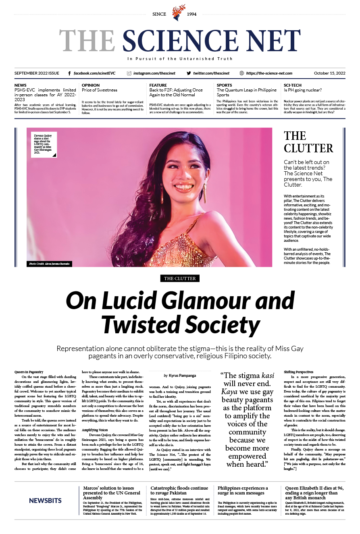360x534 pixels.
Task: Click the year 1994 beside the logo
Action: point(191,14)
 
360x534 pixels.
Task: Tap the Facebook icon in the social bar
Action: point(69,73)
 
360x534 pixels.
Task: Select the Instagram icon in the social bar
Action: point(129,73)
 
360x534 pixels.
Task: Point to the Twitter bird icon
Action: point(189,73)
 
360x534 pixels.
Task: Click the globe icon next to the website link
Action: point(241,73)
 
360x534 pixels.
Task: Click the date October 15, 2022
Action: point(329,73)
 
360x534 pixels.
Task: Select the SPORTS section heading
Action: point(224,85)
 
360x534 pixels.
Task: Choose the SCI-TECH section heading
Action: point(293,85)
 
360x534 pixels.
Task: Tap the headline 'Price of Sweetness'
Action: point(99,90)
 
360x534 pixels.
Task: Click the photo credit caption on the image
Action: point(49,264)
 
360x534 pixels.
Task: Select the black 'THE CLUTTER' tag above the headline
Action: point(180,278)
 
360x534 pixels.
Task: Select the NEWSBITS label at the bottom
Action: point(45,501)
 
